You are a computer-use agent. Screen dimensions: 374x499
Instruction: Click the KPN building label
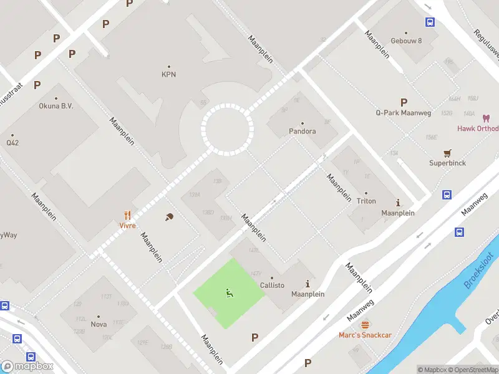168,74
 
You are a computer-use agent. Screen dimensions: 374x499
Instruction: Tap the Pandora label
302,132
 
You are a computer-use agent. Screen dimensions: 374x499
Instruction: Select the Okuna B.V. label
56,106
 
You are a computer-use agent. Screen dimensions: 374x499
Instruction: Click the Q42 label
12,142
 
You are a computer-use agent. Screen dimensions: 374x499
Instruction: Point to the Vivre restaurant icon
128,214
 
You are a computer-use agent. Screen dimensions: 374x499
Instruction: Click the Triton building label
366,201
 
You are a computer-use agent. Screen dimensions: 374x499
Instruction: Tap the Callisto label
272,285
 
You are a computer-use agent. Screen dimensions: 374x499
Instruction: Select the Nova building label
99,324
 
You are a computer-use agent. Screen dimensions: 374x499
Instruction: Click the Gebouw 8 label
406,41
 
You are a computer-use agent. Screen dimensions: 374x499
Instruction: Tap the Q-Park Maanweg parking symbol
404,102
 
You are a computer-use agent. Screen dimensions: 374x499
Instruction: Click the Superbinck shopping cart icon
447,153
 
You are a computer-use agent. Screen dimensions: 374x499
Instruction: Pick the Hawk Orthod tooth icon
487,118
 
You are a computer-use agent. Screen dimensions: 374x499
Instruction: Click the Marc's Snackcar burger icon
365,324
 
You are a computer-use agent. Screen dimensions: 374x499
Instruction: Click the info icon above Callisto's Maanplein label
308,284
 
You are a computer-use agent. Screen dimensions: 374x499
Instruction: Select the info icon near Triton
398,203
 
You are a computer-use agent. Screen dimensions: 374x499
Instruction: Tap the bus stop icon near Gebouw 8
430,22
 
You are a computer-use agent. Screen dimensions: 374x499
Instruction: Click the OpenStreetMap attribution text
472,370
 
